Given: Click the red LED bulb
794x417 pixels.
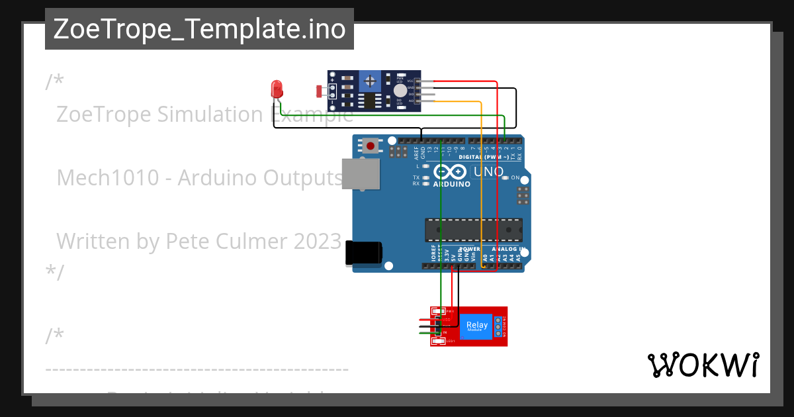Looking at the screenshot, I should (277, 87).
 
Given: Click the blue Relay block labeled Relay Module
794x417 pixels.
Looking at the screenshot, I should (476, 326).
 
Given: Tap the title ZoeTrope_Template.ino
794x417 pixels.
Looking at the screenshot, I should (199, 29).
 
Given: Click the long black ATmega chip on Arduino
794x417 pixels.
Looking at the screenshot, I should (473, 230).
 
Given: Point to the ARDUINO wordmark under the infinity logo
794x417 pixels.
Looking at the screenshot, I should (452, 184).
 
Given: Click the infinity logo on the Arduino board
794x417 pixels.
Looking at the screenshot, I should (451, 172).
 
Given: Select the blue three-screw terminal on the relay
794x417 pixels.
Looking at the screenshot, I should (498, 326).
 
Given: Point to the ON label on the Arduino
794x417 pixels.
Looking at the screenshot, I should (515, 177).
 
